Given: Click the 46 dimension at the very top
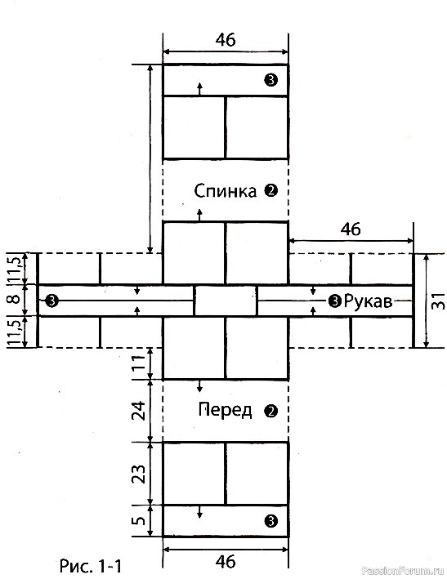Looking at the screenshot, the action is coord(226,39).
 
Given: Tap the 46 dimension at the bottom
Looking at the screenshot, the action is coord(226,562).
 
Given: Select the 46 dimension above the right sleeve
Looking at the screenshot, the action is coord(351,229).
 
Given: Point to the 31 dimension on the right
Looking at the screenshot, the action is coord(438,301).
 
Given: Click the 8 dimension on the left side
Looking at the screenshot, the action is coord(15,298).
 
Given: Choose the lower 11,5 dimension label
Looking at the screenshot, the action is coord(16,332).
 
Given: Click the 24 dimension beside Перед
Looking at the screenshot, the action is coord(139,411).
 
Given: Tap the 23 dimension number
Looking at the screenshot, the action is coord(139,474).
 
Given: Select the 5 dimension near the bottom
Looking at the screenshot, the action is coord(139,521).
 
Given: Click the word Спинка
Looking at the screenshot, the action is coord(225,191).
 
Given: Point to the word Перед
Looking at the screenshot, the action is coord(225,410).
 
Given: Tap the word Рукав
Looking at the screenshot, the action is coord(367,301).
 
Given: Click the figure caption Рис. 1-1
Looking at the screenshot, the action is coord(91,565).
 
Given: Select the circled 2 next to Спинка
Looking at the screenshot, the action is coord(270,191).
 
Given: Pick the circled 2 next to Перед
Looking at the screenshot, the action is coord(270,411).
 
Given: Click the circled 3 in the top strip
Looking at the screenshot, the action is coord(270,80).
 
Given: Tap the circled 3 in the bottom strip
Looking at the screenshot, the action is coord(270,521).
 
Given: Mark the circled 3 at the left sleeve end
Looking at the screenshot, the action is coord(51,301).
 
